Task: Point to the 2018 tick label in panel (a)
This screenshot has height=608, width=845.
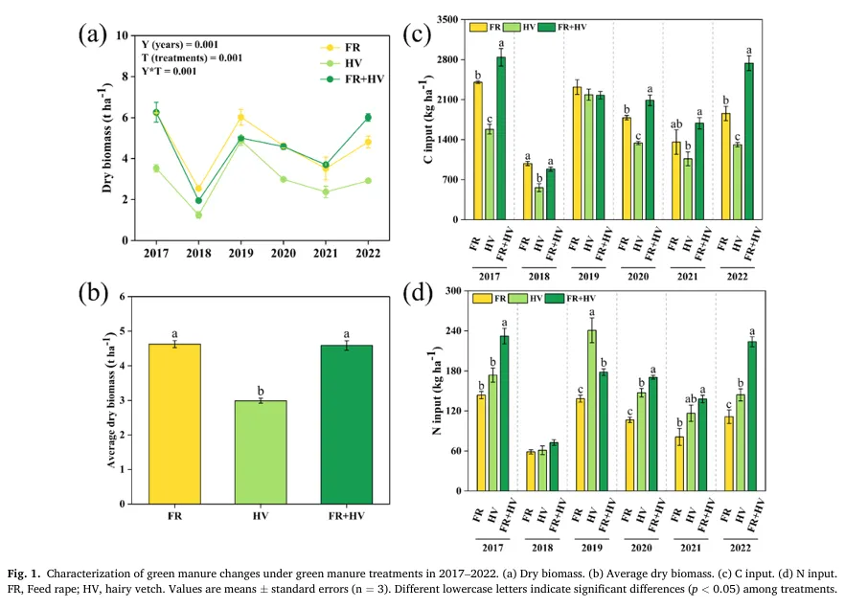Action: (x=198, y=254)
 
